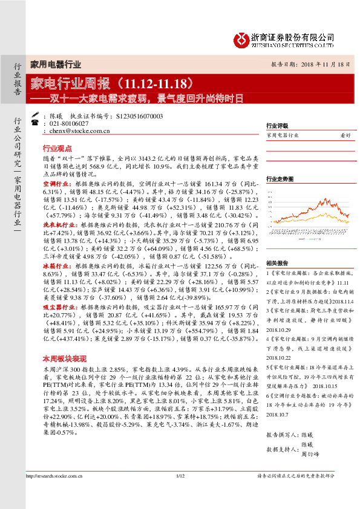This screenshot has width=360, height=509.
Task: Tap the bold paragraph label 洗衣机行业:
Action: coord(59,225)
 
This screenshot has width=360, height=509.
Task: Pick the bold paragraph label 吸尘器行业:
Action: coord(59,308)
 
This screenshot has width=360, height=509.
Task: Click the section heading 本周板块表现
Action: coord(63,358)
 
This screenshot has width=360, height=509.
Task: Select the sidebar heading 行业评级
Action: coord(277,126)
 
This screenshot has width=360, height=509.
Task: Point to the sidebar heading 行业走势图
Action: coord(279,179)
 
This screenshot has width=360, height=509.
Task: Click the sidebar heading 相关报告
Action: coord(277,263)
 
